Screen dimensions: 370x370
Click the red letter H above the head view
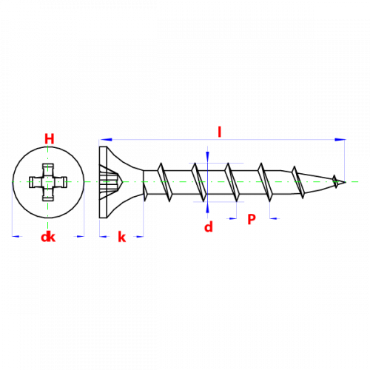coord(50,139)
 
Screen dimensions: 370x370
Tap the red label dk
coord(48,237)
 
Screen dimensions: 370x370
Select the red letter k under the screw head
coord(122,237)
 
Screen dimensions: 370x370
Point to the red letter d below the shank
coord(209,226)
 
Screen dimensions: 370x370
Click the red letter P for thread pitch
coord(252,219)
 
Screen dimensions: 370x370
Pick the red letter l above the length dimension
coord(219,132)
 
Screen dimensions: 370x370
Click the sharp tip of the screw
coord(346,182)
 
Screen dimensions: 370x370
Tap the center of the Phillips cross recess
coord(48,182)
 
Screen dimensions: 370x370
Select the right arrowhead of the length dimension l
coord(340,140)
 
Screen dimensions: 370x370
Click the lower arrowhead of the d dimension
coord(207,208)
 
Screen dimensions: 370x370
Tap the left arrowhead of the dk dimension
coord(16,236)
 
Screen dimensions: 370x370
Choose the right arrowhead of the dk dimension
coord(81,236)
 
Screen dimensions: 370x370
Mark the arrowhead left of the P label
coord(232,218)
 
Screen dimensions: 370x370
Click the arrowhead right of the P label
coord(274,218)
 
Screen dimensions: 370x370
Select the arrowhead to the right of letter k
coord(140,237)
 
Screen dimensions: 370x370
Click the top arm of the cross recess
coord(48,169)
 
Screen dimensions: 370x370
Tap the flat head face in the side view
coord(103,182)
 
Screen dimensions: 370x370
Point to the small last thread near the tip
coord(334,181)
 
